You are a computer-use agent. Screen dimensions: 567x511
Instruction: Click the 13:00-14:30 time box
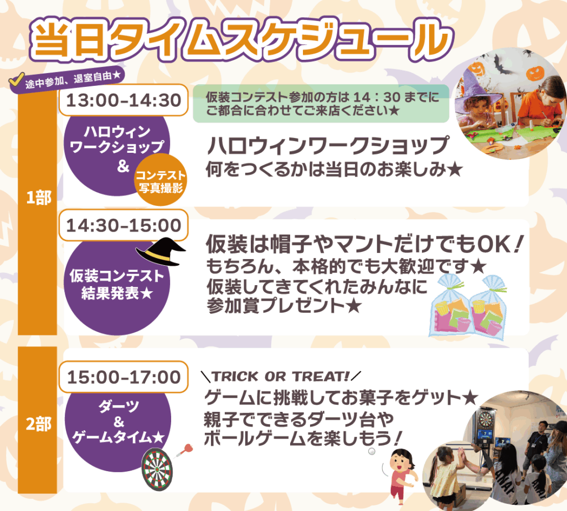[x=123, y=100]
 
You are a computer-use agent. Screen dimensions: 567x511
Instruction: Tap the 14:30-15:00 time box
[x=123, y=225]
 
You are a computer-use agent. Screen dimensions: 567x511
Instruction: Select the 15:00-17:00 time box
[x=123, y=377]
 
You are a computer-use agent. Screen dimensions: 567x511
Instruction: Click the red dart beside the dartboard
[x=184, y=451]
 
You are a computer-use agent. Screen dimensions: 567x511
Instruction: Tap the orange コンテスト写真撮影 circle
[x=161, y=180]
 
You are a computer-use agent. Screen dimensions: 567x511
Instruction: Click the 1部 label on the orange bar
[x=38, y=198]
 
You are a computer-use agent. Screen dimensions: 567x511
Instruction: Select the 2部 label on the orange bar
[x=38, y=424]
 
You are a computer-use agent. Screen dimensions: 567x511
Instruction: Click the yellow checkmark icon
[x=17, y=80]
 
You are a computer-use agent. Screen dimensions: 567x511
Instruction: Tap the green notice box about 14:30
[x=321, y=104]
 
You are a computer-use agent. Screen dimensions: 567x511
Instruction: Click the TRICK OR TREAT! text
[x=281, y=376]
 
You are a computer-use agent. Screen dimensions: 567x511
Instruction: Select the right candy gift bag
[x=488, y=307]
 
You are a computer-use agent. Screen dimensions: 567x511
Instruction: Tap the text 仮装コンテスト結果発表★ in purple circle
[x=117, y=284]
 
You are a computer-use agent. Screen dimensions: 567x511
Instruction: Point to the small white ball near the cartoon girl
[x=372, y=451]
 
